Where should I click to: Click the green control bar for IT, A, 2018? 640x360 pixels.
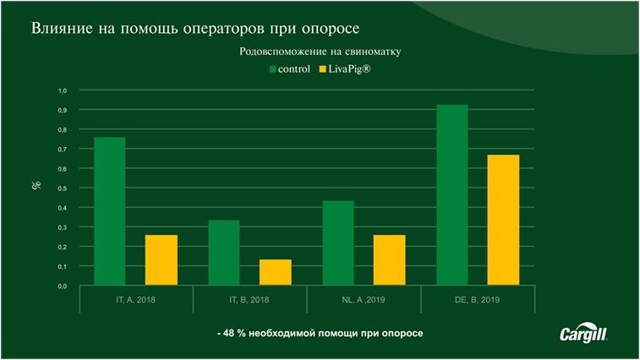pos(109,211)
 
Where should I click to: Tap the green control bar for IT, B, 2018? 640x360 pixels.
pos(224,253)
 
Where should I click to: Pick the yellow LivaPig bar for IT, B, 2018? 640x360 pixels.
pos(276,272)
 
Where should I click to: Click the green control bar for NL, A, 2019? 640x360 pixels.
pos(338,243)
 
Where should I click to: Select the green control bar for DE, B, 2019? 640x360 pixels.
pos(452,195)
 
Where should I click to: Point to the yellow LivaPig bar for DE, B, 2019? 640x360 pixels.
pos(504,220)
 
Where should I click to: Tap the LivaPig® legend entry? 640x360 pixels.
pos(344,68)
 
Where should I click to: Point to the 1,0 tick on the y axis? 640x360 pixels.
pos(62,90)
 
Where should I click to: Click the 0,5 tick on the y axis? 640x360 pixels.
pos(62,188)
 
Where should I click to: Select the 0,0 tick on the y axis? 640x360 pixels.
pos(62,286)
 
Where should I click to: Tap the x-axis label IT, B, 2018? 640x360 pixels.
pos(249,300)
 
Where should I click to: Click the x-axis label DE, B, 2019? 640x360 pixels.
pos(478,300)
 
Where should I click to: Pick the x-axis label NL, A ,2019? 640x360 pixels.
pos(364,300)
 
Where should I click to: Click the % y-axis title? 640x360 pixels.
pos(36,184)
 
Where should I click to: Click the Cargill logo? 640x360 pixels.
pos(583,334)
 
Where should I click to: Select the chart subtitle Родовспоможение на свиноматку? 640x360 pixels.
pos(320,52)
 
